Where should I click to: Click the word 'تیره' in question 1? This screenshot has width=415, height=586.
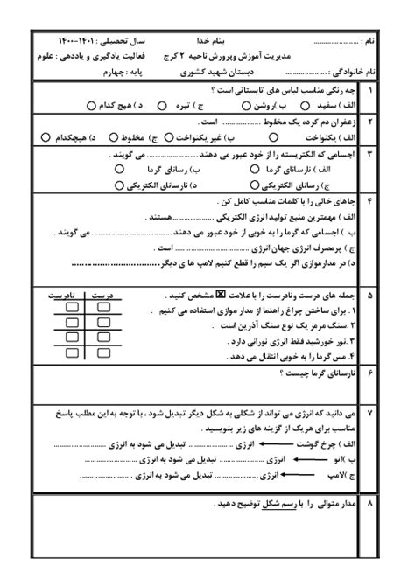point(186,105)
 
